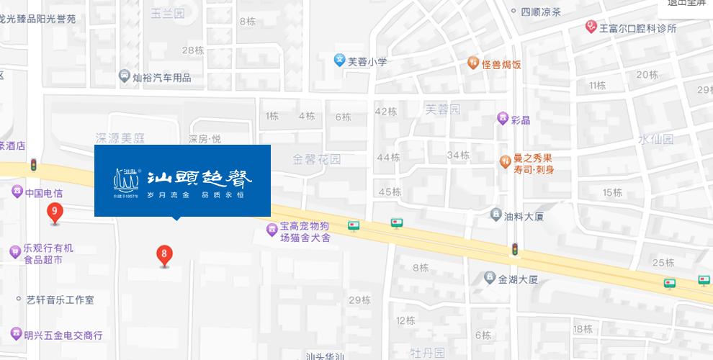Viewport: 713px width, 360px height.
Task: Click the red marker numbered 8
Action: coord(164,255)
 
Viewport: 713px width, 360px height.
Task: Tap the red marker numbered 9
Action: coord(54,212)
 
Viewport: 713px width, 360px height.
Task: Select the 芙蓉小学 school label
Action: coord(367,62)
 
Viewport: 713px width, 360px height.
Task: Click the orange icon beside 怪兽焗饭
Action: coord(472,63)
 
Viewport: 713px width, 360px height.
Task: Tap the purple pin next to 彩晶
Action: coord(503,119)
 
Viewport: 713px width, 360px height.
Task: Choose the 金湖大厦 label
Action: coord(518,279)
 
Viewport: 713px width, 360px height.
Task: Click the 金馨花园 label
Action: coord(317,158)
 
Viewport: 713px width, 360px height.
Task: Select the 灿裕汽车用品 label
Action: coord(162,77)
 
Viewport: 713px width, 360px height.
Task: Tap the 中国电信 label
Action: coord(44,193)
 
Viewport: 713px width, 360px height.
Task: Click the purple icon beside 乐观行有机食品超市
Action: coord(15,252)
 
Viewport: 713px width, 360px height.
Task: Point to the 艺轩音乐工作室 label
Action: coord(60,300)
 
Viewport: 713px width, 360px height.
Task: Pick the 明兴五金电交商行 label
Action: coord(63,335)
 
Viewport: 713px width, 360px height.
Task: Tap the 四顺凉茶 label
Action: coord(541,12)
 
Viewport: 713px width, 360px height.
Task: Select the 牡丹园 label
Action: coord(427,352)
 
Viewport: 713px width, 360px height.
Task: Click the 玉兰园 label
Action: coord(167,13)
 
